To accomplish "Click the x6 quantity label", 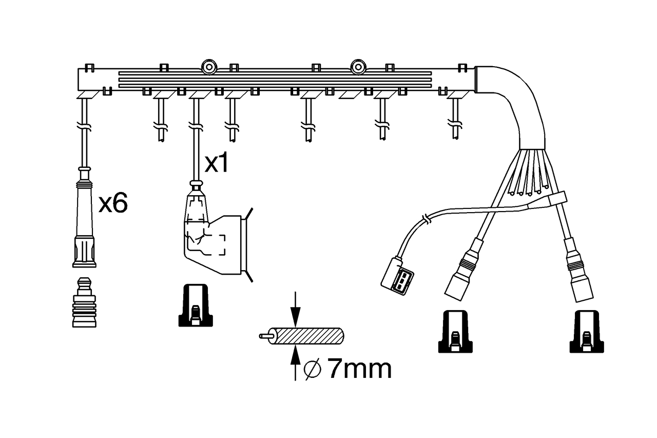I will (x=113, y=204).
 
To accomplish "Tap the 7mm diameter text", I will (x=359, y=369).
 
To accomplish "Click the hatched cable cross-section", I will (x=308, y=336).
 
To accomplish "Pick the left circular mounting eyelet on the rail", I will (x=209, y=67).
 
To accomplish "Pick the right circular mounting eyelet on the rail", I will (x=358, y=67).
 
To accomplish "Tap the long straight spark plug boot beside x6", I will (x=84, y=221).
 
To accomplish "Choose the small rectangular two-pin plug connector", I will (x=398, y=278).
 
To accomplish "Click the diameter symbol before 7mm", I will (x=313, y=368).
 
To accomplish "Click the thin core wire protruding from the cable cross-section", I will (x=266, y=336).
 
